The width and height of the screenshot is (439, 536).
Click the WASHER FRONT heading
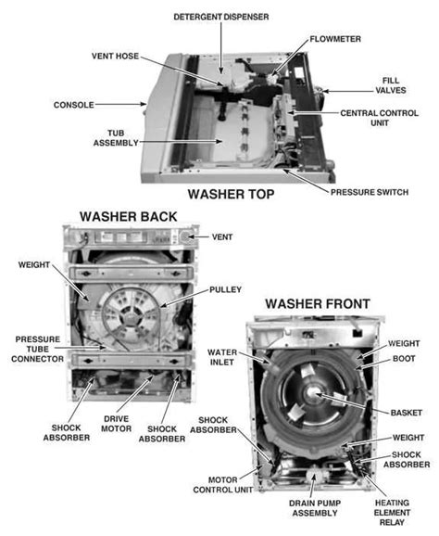pos(318,303)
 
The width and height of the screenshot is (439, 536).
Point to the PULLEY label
pos(226,289)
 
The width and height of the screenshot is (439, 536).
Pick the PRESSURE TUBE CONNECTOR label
pos(36,351)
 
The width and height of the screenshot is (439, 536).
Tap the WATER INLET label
pos(225,358)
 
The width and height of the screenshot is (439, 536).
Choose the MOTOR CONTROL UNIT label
pos(223,483)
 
